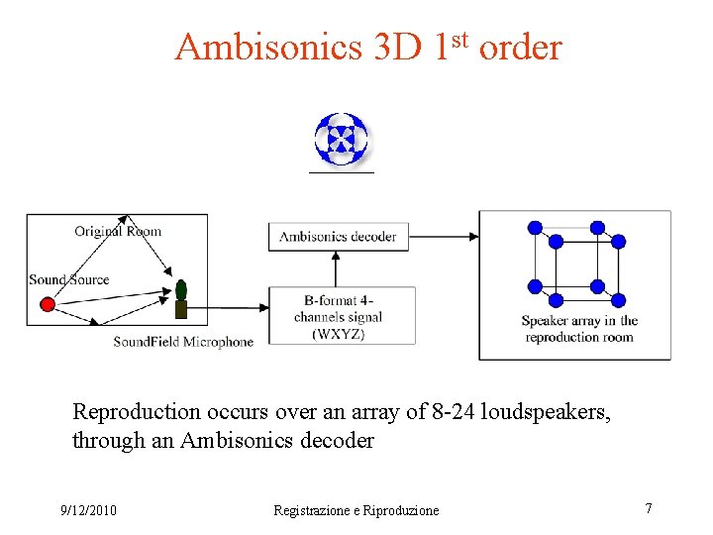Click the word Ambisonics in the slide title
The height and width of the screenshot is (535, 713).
pos(267,47)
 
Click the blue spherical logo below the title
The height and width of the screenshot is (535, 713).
pos(341,139)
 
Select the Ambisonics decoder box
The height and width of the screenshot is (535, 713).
pos(338,236)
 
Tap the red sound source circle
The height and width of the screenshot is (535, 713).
pos(47,304)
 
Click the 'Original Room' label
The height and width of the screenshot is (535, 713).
pos(117,231)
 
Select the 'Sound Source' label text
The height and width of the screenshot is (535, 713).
pos(68,279)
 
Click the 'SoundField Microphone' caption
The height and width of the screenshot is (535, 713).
pos(183,342)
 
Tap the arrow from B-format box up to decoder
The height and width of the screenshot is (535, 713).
pos(337,269)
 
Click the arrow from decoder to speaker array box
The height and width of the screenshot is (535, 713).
pos(443,236)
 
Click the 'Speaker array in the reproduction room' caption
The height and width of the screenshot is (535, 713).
pos(579,329)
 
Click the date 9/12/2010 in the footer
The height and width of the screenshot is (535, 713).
pos(88,510)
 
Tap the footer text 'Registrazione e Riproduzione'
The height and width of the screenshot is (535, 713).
pos(356,510)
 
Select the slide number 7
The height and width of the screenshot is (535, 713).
pos(649,508)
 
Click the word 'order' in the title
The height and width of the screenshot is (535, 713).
pos(520,47)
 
